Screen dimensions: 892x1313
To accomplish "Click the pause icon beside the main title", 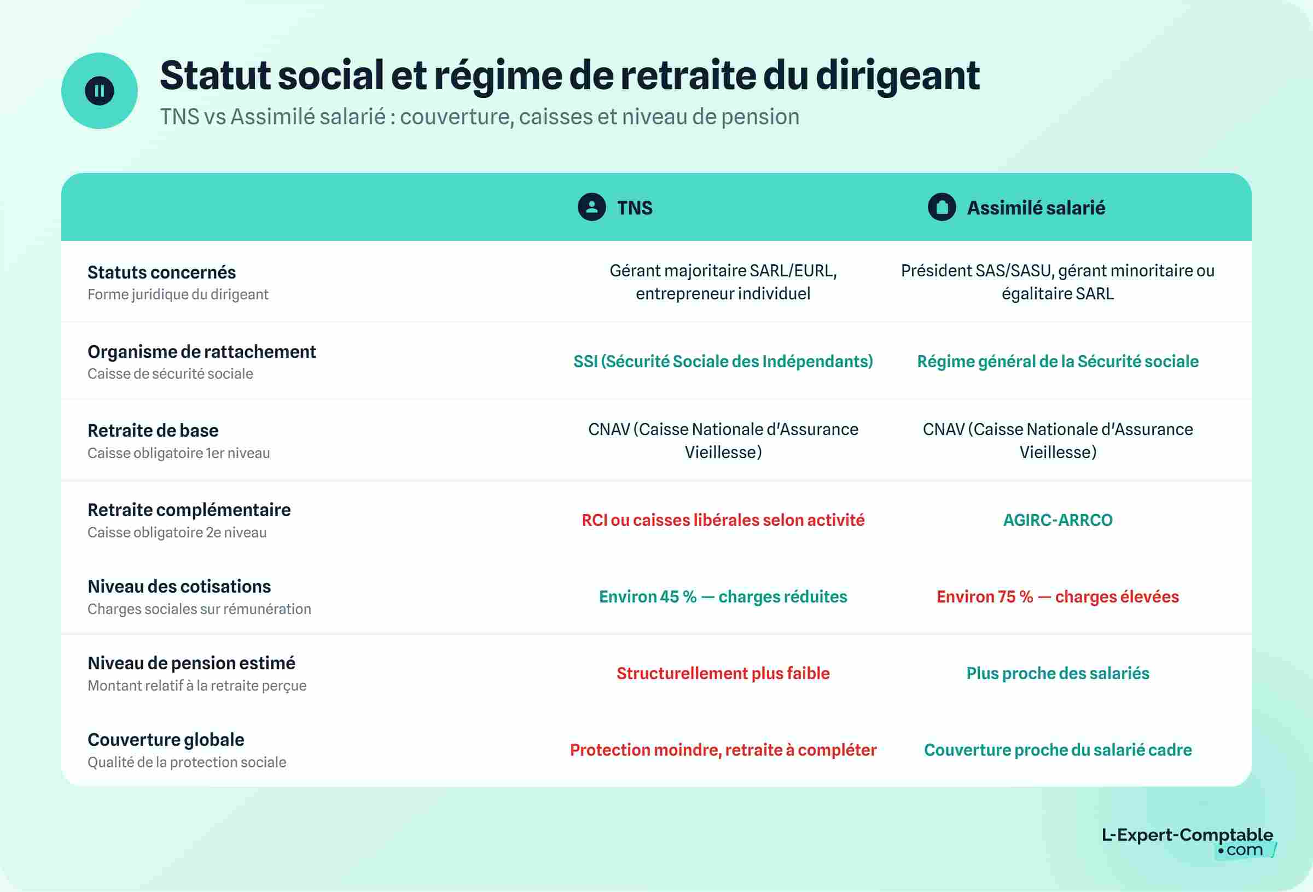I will click(x=100, y=91).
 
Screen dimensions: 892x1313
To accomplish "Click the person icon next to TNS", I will click(x=591, y=207).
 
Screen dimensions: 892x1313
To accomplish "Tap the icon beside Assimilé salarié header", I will click(x=942, y=207).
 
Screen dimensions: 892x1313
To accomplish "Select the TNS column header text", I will click(x=635, y=208).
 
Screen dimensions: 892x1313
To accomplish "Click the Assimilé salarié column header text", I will click(x=1036, y=208).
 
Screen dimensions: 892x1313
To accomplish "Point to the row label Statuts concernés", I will click(x=161, y=273).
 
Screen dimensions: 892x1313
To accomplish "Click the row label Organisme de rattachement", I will click(x=202, y=351).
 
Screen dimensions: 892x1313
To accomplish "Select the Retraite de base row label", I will click(x=153, y=431).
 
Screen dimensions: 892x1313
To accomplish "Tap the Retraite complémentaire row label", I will click(x=189, y=510).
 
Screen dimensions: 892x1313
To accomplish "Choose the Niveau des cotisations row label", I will click(x=179, y=587).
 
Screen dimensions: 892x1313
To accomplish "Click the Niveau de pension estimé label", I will click(x=191, y=663).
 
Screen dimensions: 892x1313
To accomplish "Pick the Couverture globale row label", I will click(x=166, y=739).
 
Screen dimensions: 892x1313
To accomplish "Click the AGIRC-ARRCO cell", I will click(x=1058, y=520).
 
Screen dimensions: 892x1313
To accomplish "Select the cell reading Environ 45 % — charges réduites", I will click(x=723, y=597).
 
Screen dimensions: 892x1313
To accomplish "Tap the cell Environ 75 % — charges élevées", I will click(x=1058, y=597).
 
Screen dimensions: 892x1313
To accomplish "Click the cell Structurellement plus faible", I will click(x=723, y=673).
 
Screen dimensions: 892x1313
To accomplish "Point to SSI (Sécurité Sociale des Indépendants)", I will click(x=723, y=362).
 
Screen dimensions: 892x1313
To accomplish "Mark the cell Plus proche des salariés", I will click(x=1058, y=673).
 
